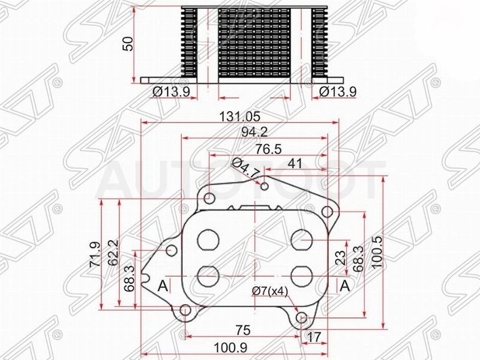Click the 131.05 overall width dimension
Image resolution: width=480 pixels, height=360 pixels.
pos(240,116)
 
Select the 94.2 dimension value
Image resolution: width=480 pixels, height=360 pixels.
pos(254,131)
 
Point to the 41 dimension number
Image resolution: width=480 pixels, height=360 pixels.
pos(295,163)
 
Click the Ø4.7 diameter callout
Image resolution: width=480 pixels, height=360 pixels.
pos(245,169)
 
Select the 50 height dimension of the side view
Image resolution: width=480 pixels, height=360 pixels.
pos(128,43)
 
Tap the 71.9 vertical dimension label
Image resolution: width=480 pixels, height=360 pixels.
pos(95,254)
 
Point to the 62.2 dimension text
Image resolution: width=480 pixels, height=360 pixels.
pos(113,253)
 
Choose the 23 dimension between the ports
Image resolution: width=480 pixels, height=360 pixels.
pos(340,257)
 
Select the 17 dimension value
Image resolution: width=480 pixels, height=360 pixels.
pos(313,337)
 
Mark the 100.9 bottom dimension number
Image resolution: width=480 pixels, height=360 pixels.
pos(230,348)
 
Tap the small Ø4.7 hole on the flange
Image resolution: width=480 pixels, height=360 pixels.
pos(265,186)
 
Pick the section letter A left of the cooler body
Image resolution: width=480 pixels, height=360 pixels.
pos(163,287)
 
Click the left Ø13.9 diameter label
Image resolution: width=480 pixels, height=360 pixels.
pos(171,92)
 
